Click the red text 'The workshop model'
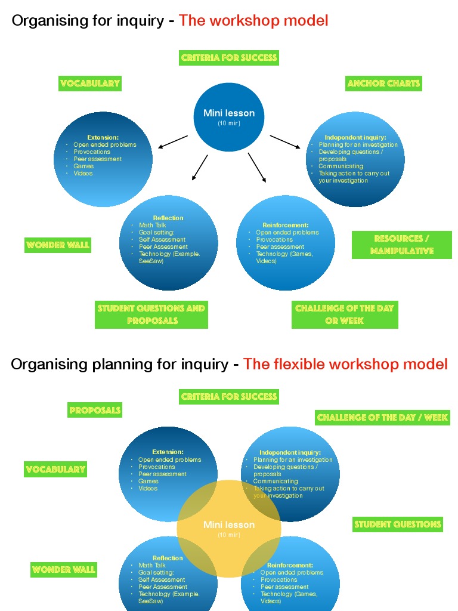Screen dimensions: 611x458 [253, 21]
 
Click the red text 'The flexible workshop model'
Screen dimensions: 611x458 [345, 364]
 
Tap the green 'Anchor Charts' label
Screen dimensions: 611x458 [383, 84]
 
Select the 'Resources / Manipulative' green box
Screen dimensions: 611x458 [401, 245]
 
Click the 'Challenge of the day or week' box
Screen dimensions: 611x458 [344, 314]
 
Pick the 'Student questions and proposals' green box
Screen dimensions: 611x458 [151, 314]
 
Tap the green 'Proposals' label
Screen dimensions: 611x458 [95, 410]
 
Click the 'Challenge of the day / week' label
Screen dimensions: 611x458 [382, 418]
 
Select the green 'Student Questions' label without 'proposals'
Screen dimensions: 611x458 [397, 524]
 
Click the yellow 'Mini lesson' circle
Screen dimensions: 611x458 [229, 528]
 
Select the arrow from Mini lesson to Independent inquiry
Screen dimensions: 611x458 [285, 142]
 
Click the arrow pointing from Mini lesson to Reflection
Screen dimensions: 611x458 [199, 168]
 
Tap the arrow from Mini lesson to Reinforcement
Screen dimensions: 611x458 [257, 168]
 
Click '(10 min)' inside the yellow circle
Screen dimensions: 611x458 [229, 535]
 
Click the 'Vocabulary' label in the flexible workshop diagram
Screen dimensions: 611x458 [55, 470]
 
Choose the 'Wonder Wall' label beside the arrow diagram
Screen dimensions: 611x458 [58, 245]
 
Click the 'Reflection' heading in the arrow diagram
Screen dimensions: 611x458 [168, 218]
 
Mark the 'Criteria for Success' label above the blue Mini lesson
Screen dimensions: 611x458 [229, 58]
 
